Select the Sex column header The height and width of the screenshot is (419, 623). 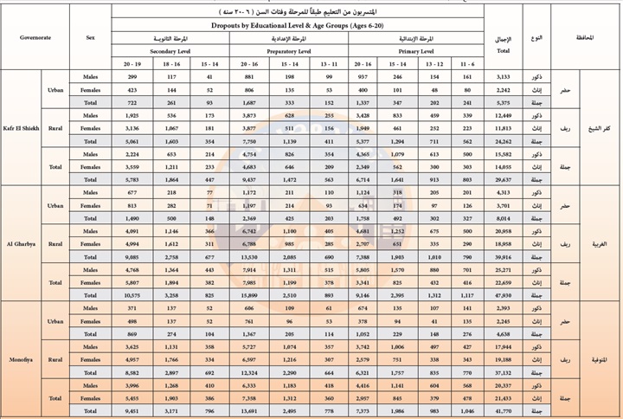[x=90, y=38]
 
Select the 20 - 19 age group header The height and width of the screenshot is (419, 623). [x=132, y=64]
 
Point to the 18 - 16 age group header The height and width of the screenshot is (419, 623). [x=171, y=64]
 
